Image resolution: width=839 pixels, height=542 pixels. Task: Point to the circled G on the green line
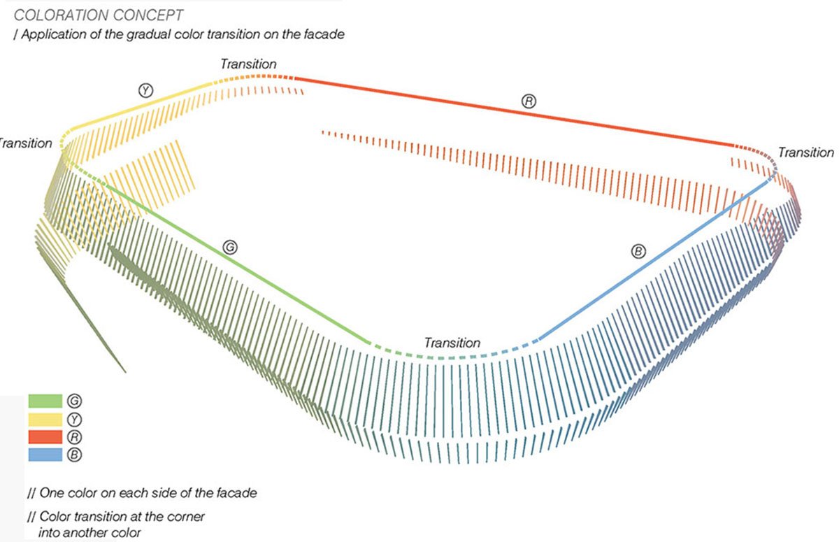(x=229, y=246)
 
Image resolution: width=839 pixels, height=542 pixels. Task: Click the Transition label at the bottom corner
(x=452, y=343)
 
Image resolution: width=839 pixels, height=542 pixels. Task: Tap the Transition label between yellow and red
(x=248, y=64)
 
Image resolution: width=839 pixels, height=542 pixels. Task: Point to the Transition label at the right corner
(x=805, y=152)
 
